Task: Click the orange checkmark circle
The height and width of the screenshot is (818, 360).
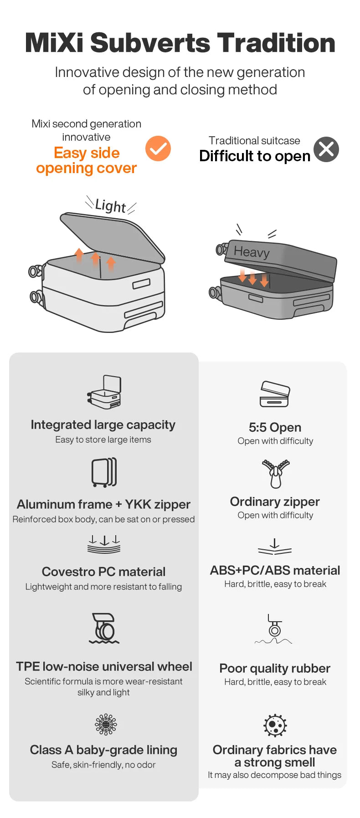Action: coord(158,148)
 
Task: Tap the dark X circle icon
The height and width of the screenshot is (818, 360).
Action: coord(326,149)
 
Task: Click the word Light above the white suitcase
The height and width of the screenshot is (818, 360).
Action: coord(111,206)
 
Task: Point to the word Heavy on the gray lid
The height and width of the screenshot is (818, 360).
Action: coord(252,251)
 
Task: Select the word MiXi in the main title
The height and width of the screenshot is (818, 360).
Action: coord(55,43)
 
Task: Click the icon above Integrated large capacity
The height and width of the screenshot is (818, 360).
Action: coord(104,392)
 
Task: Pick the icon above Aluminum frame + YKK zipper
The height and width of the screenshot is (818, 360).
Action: coord(104,472)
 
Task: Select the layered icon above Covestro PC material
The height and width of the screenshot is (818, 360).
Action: coord(104,544)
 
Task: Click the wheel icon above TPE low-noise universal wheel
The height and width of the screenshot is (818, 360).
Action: coord(104,628)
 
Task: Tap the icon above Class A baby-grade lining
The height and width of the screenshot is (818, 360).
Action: coord(106,724)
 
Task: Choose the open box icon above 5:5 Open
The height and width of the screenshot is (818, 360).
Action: coord(275,394)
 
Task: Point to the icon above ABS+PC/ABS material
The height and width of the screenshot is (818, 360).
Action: coord(275,547)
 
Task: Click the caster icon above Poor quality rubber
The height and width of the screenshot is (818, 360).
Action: coord(274,629)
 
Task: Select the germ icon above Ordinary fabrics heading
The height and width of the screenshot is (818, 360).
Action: coord(275,725)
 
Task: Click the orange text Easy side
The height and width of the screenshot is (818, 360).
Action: coord(87,153)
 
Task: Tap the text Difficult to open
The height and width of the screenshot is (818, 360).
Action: coord(255,156)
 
